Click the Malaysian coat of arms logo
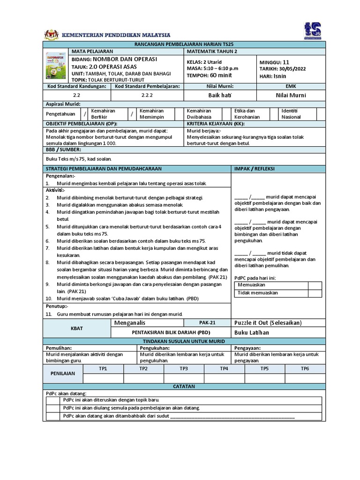pyautogui.click(x=51, y=35)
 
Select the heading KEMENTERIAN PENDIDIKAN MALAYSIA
pyautogui.click(x=117, y=35)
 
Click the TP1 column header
pyautogui.click(x=103, y=368)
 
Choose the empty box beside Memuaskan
pyautogui.click(x=315, y=285)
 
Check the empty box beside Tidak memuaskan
pyautogui.click(x=315, y=293)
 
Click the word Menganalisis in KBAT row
pyautogui.click(x=130, y=323)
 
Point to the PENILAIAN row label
pyautogui.click(x=63, y=374)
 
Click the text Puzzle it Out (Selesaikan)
pyautogui.click(x=268, y=323)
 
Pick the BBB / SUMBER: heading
pyautogui.click(x=63, y=149)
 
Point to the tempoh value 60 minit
pyautogui.click(x=220, y=75)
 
